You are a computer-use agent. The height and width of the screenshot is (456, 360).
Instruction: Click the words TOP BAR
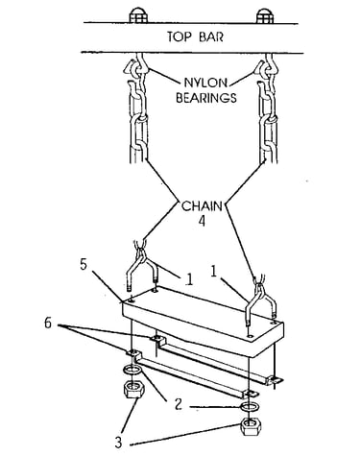(x=195, y=36)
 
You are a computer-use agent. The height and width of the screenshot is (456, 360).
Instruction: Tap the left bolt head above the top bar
(x=138, y=15)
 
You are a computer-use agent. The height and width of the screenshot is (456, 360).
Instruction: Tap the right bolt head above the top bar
(x=265, y=15)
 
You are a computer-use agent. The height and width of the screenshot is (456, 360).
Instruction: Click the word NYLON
(x=205, y=84)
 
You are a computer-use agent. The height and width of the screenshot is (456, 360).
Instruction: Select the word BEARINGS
(x=206, y=98)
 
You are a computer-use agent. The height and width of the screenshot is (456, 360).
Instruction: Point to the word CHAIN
(x=202, y=206)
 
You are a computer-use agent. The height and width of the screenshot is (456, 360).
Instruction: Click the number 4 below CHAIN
(x=202, y=221)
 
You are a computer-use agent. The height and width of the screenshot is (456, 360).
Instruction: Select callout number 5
(x=84, y=265)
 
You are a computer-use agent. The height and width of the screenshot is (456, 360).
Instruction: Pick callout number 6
(x=48, y=324)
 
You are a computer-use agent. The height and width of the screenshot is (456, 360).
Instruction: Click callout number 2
(x=178, y=404)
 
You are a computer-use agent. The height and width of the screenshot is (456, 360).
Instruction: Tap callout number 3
(x=118, y=443)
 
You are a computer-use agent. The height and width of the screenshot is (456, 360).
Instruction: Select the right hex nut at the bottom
(x=251, y=427)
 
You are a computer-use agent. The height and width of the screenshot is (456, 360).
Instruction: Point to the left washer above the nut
(x=132, y=371)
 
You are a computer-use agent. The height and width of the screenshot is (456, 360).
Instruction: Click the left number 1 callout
(x=189, y=279)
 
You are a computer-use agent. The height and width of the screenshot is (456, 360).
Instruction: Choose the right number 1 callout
(x=214, y=272)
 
